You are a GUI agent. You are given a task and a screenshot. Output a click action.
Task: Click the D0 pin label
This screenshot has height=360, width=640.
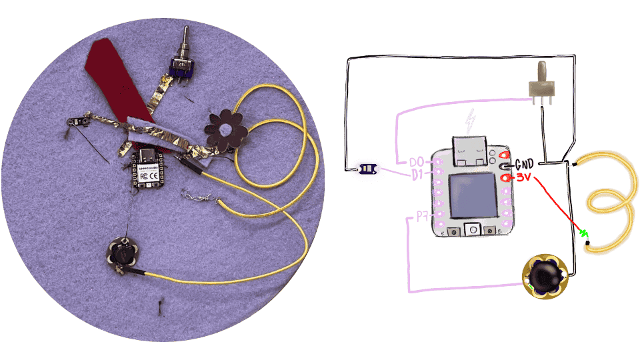pyautogui.click(x=417, y=162)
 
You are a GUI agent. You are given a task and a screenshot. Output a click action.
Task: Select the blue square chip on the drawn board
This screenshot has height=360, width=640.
pyautogui.click(x=471, y=196)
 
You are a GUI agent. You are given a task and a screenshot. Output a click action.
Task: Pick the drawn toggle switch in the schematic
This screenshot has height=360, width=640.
pyautogui.click(x=542, y=83)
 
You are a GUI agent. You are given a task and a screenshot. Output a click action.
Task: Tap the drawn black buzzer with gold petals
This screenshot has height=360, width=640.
pyautogui.click(x=545, y=275)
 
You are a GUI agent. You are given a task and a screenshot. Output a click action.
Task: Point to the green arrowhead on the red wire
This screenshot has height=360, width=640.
pyautogui.click(x=584, y=233)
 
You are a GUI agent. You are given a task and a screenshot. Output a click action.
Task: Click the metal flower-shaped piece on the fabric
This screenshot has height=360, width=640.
pyautogui.click(x=225, y=129)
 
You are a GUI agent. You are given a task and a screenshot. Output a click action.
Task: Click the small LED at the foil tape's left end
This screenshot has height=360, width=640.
pyautogui.click(x=82, y=121)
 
